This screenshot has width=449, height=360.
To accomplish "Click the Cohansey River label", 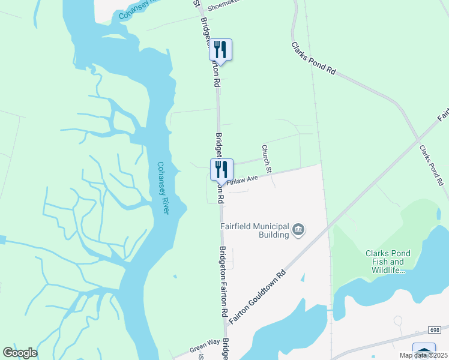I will [x=163, y=188].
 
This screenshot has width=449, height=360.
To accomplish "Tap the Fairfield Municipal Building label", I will [x=255, y=230].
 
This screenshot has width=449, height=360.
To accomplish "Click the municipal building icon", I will [x=298, y=230].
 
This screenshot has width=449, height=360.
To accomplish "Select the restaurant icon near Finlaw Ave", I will [x=221, y=170].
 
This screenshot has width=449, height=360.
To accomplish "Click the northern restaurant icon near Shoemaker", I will [x=220, y=50].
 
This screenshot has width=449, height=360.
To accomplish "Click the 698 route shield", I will [x=435, y=331].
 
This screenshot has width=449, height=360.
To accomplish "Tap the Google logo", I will [x=20, y=353].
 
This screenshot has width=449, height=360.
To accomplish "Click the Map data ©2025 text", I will [x=423, y=355].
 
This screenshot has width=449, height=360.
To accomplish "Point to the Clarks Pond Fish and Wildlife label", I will [x=388, y=262].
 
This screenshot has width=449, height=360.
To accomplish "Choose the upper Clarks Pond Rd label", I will [x=313, y=58].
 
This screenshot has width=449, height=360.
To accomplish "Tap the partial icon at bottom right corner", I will [x=424, y=352].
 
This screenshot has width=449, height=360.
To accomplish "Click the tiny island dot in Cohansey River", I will [x=175, y=277].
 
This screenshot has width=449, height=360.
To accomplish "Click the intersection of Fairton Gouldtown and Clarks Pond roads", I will [x=418, y=140].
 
